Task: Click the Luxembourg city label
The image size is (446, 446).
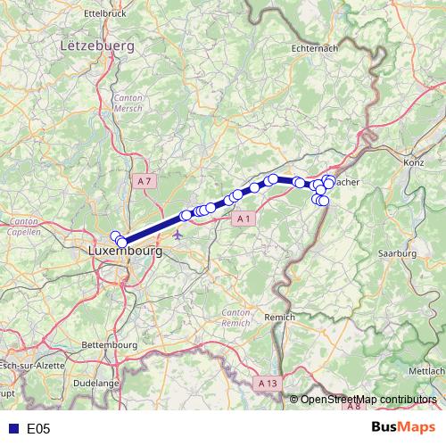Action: click(125, 252)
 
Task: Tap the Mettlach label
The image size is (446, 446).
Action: click(425, 369)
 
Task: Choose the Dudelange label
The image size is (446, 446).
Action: click(95, 383)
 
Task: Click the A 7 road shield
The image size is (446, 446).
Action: click(145, 181)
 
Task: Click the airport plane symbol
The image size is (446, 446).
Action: click(178, 235)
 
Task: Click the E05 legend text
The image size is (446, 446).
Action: click(38, 428)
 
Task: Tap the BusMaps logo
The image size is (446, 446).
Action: click(403, 427)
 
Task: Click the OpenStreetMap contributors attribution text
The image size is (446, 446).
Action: click(368, 400)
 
